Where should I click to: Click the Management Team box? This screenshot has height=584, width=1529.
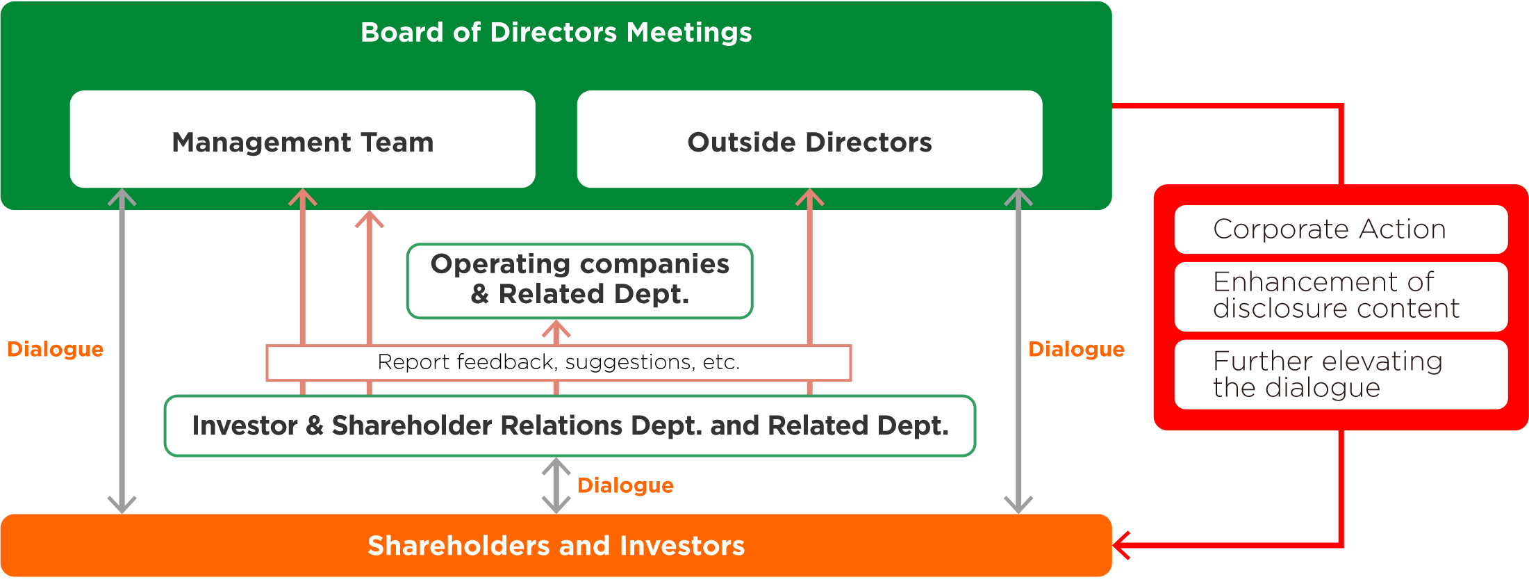click(302, 139)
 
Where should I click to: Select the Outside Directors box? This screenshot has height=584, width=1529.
click(809, 139)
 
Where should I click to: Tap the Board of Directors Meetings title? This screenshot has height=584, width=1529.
click(556, 33)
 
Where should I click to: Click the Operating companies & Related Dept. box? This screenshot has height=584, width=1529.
click(580, 281)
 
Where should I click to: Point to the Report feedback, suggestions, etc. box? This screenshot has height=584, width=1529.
click(559, 362)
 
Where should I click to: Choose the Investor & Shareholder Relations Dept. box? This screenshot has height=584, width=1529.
click(570, 425)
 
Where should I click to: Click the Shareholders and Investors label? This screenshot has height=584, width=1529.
click(556, 546)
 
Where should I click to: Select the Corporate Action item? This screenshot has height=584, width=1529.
click(1341, 229)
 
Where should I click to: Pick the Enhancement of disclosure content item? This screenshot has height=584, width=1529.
click(1341, 296)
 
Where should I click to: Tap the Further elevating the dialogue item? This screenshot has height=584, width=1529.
click(1341, 375)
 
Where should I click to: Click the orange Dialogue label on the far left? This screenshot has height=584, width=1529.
click(55, 349)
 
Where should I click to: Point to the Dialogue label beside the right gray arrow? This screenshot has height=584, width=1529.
click(1076, 349)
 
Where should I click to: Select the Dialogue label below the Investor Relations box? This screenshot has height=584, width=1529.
click(625, 485)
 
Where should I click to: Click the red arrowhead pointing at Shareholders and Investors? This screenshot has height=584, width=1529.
click(1121, 545)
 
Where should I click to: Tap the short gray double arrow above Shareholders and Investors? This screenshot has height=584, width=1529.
click(556, 485)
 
